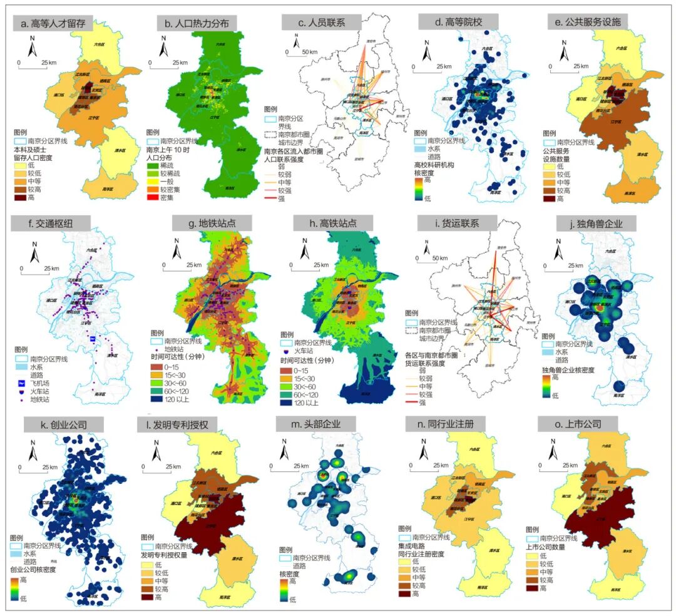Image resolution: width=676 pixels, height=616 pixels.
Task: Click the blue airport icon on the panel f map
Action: (92, 338)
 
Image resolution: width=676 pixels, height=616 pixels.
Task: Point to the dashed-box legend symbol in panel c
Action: (270, 133)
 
